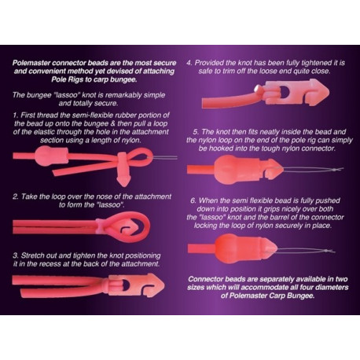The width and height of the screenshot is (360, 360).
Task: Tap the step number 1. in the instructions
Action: (18, 116)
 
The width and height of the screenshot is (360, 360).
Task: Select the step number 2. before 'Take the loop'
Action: (18, 193)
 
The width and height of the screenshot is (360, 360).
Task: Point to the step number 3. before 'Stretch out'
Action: (18, 255)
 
